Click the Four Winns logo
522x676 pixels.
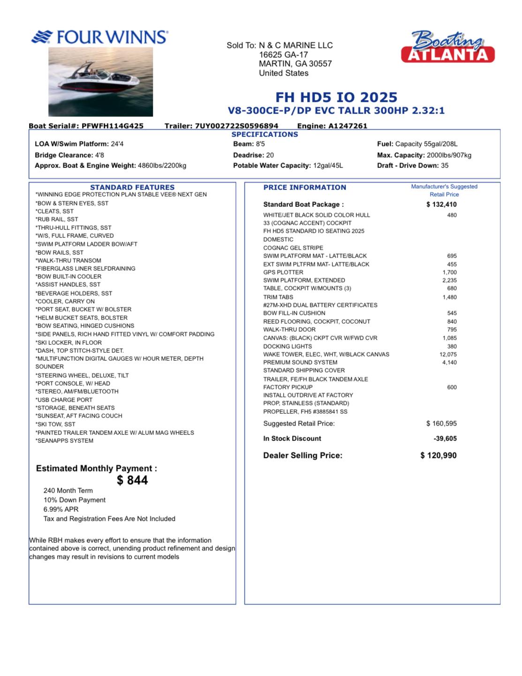point(99,37)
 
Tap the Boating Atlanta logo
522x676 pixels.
point(448,47)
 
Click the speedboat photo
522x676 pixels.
point(100,82)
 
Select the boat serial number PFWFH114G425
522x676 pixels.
point(113,126)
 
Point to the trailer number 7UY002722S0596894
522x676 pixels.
point(236,126)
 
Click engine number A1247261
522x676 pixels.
point(348,126)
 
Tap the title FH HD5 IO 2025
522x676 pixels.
point(336,97)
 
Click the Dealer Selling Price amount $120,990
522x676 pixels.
point(439,456)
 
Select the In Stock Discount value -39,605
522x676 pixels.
point(445,439)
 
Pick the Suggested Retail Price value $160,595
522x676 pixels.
point(441,424)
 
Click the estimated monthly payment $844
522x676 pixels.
point(132,480)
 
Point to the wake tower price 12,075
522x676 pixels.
point(448,355)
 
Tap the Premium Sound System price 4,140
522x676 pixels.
point(449,363)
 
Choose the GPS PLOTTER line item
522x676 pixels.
point(283,273)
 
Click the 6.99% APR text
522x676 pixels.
point(61,509)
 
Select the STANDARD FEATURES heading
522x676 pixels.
point(132,187)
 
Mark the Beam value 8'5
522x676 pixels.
point(260,144)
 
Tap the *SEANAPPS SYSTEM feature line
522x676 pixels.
point(65,441)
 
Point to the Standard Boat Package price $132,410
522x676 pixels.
point(441,205)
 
